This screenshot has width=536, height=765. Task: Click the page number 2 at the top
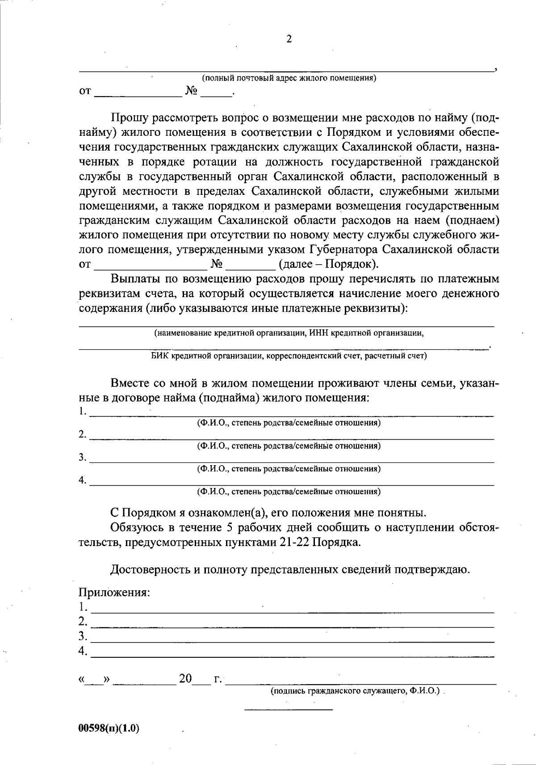pyautogui.click(x=289, y=39)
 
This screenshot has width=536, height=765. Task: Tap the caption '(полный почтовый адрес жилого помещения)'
pyautogui.click(x=289, y=79)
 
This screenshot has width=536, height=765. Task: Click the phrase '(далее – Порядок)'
pyautogui.click(x=328, y=264)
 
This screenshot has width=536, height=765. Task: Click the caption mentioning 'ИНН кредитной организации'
pyautogui.click(x=289, y=333)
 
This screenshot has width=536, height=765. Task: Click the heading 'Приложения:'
pyautogui.click(x=114, y=593)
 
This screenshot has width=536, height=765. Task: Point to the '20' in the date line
pyautogui.click(x=185, y=679)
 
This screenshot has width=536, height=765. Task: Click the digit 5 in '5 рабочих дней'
pyautogui.click(x=230, y=528)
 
